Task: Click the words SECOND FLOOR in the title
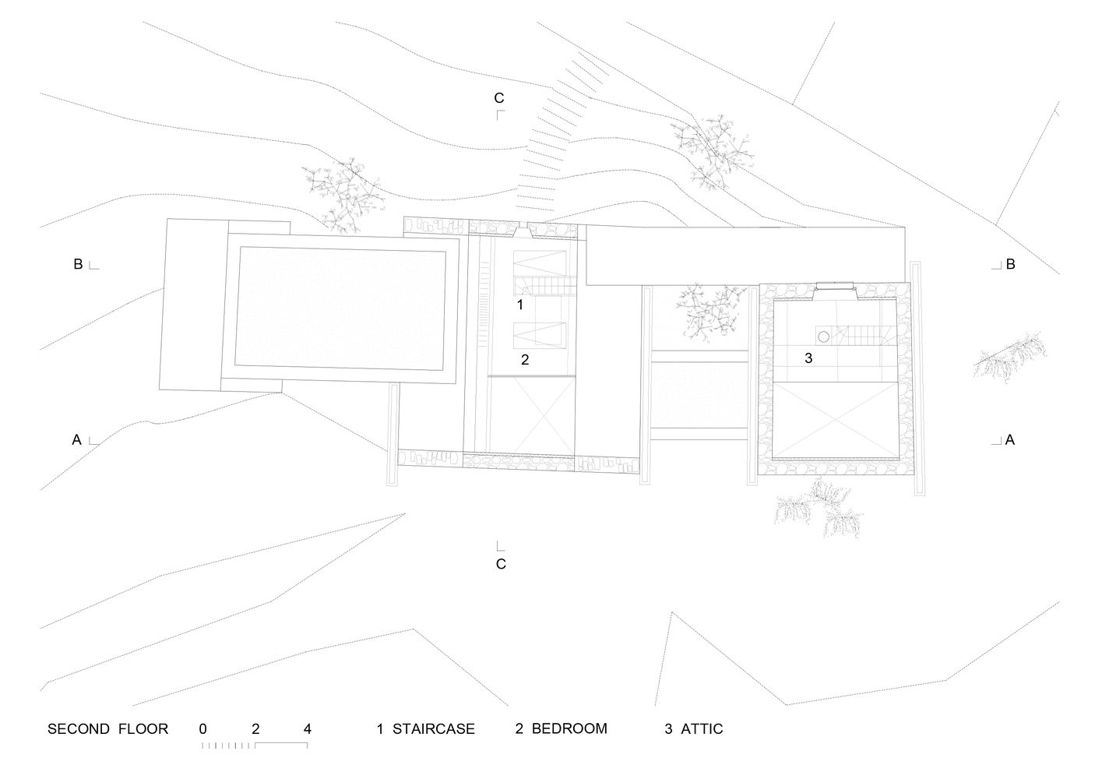(107, 729)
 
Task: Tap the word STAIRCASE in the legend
(433, 729)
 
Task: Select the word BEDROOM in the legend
(569, 729)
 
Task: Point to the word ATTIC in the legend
(702, 729)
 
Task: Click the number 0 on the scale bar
(202, 729)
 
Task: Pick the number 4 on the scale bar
(308, 729)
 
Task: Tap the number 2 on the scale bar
(255, 729)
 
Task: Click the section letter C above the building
(499, 98)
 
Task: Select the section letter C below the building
(501, 563)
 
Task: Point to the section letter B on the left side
(78, 264)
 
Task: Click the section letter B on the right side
(1010, 264)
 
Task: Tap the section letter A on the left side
(77, 440)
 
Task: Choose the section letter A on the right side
(1010, 440)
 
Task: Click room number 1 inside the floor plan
(520, 305)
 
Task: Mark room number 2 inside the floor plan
(525, 359)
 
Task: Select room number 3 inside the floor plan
(808, 358)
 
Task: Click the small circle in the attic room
(822, 336)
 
